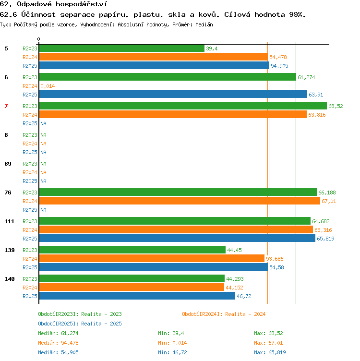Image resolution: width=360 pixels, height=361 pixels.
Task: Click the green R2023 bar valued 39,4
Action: point(122,48)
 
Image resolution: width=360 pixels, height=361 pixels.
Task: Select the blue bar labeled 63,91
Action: point(173,95)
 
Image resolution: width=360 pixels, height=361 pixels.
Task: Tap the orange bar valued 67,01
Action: point(180,201)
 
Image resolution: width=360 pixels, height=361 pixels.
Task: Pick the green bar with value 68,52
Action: point(183,106)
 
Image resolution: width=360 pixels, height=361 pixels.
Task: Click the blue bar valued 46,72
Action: point(137,296)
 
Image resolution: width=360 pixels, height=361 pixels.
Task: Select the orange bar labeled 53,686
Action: point(152,259)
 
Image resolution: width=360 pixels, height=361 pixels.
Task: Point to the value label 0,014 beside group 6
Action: point(48,86)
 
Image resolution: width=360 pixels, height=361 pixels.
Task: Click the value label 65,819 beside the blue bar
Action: point(325,239)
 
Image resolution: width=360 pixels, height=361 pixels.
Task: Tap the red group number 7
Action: point(6,106)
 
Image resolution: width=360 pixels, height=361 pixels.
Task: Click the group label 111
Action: point(10,221)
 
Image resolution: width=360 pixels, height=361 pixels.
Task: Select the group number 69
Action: point(8,164)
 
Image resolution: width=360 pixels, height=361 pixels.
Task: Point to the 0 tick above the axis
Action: point(39,39)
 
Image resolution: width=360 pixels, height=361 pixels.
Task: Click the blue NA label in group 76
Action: point(44,210)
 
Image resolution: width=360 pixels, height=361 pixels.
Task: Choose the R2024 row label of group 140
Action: point(30,288)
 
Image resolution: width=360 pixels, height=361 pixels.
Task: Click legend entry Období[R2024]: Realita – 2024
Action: point(224,314)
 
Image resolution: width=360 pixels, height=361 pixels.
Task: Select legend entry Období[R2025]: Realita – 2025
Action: point(80,324)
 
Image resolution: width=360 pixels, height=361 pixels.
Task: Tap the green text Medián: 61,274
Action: point(58,333)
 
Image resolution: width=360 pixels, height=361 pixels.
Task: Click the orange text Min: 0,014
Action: point(172,343)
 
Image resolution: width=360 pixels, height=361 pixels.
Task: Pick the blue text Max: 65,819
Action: point(270,352)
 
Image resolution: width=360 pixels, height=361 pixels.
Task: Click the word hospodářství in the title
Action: point(82,4)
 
